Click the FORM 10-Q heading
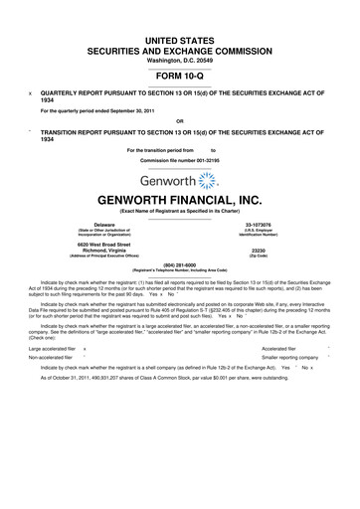(179, 74)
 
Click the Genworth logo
(180, 180)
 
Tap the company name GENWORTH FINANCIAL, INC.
(180, 199)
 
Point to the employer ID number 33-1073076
(285, 225)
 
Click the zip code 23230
(285, 250)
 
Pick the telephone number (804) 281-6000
(180, 263)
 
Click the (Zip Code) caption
(285, 256)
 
